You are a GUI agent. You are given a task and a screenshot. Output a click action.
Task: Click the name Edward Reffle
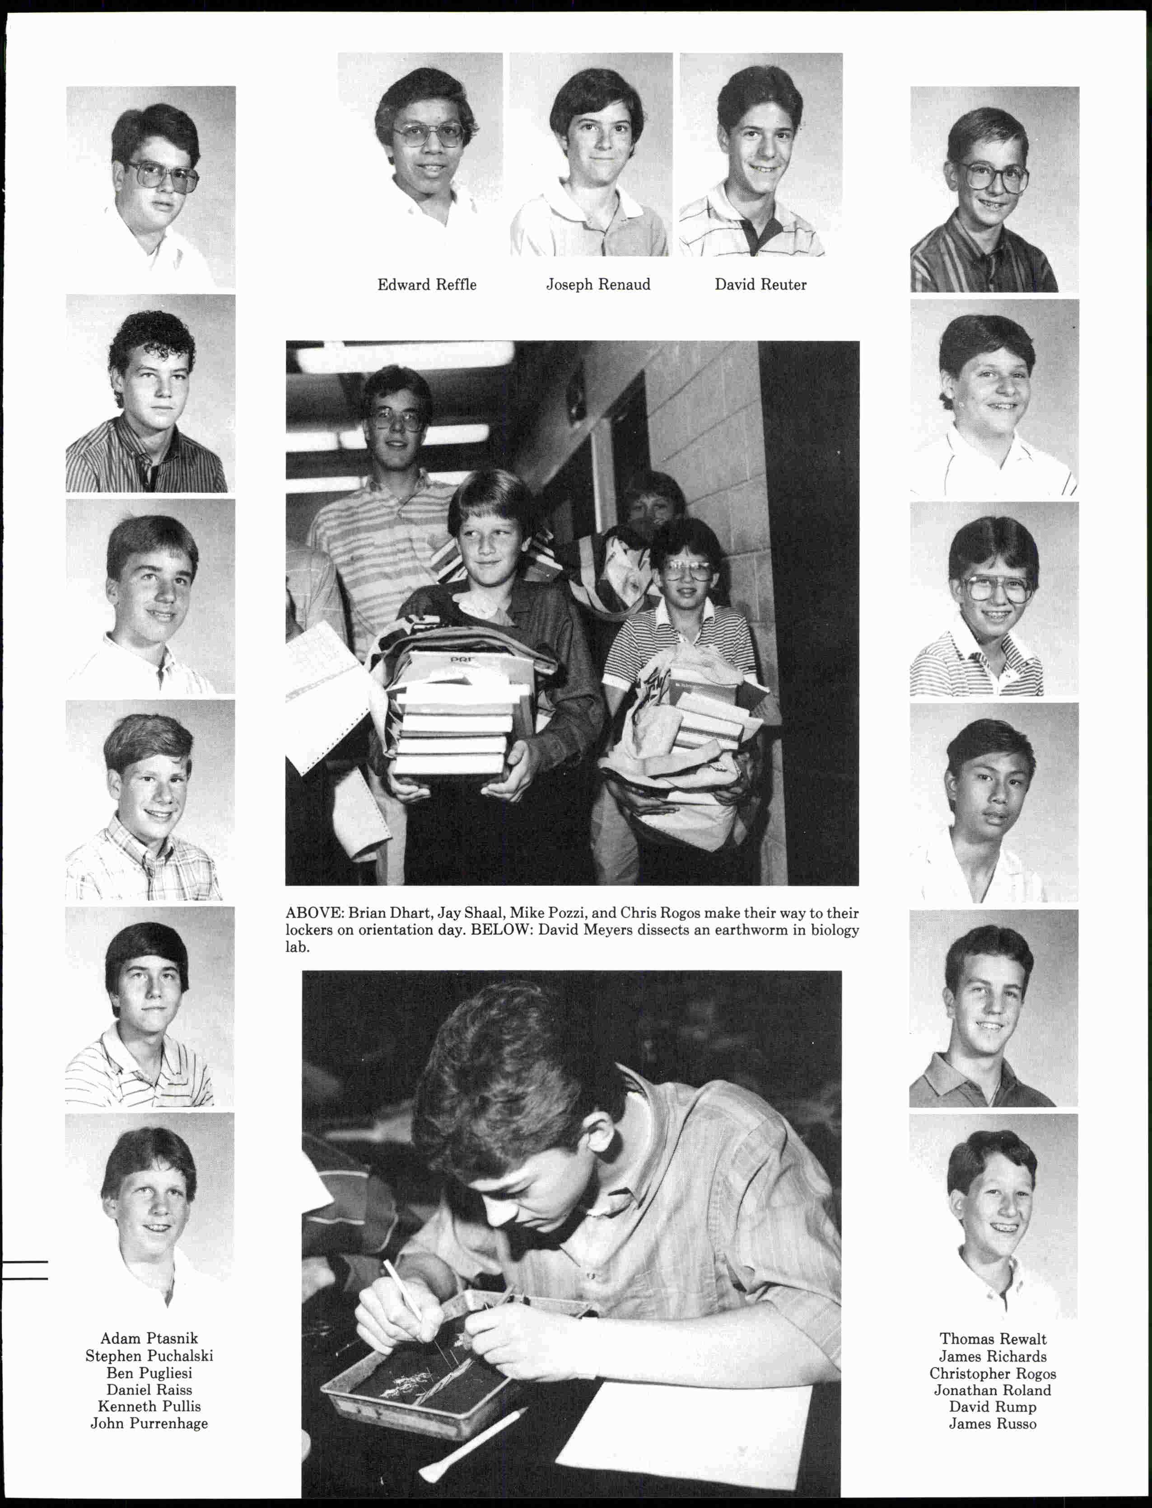[426, 285]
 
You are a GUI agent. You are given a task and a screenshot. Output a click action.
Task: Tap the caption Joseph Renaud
[598, 285]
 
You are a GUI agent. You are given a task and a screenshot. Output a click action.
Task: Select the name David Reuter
[760, 285]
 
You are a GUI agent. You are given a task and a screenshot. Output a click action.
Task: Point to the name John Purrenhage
[149, 1423]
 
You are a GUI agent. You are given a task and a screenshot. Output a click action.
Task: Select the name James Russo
[992, 1424]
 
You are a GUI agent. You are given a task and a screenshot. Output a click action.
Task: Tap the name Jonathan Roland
[992, 1391]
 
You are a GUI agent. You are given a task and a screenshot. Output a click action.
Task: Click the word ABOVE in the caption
[313, 914]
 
